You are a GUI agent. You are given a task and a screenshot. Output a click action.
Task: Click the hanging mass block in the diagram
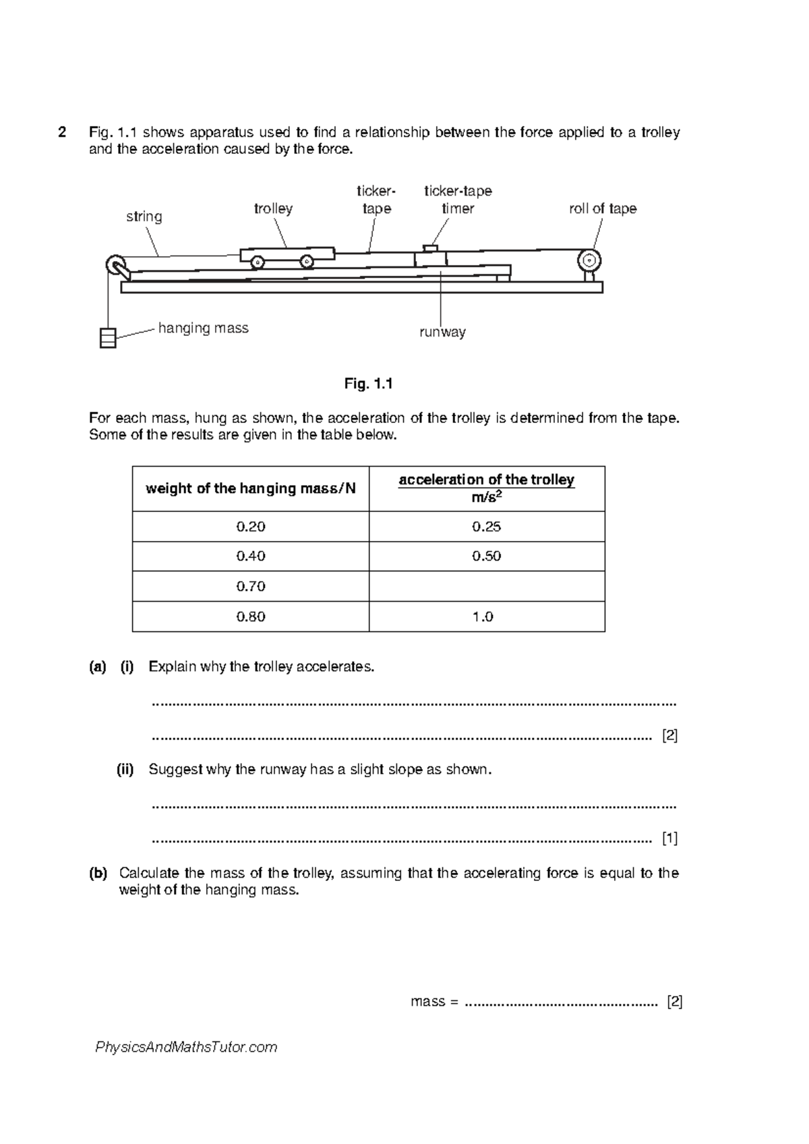tap(108, 337)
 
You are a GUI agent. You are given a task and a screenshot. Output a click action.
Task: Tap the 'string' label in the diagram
tap(144, 217)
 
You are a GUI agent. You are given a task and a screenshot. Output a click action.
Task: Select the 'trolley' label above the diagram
tap(273, 209)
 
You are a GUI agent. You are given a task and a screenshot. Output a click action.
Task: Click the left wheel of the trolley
tap(257, 262)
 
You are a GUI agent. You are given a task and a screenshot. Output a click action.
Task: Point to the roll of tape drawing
tap(589, 260)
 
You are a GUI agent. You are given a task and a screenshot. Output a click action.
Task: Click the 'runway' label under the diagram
tap(442, 332)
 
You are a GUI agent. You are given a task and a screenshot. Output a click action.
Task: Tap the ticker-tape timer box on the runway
tap(430, 258)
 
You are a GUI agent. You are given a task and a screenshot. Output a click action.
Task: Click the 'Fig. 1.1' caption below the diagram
tap(368, 384)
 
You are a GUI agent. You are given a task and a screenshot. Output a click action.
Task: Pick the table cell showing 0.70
tap(251, 586)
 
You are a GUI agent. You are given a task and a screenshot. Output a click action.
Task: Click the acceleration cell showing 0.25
tap(487, 526)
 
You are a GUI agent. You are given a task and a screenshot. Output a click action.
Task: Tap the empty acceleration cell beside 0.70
tap(487, 586)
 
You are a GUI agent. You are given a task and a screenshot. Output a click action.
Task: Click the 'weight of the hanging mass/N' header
tap(251, 488)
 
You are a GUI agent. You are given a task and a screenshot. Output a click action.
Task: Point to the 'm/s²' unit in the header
tap(487, 498)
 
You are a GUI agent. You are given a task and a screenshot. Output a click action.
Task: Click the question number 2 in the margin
tap(62, 132)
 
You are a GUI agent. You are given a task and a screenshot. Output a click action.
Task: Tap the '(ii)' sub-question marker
tap(125, 770)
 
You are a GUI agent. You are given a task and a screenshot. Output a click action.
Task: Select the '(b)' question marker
tap(98, 874)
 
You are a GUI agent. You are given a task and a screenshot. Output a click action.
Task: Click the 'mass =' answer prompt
tap(434, 1002)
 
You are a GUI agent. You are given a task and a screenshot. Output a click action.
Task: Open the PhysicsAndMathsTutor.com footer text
tap(187, 1047)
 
